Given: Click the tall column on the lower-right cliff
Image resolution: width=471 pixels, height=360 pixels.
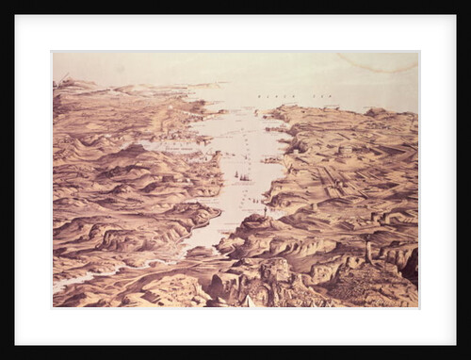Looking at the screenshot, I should pos(368,250).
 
